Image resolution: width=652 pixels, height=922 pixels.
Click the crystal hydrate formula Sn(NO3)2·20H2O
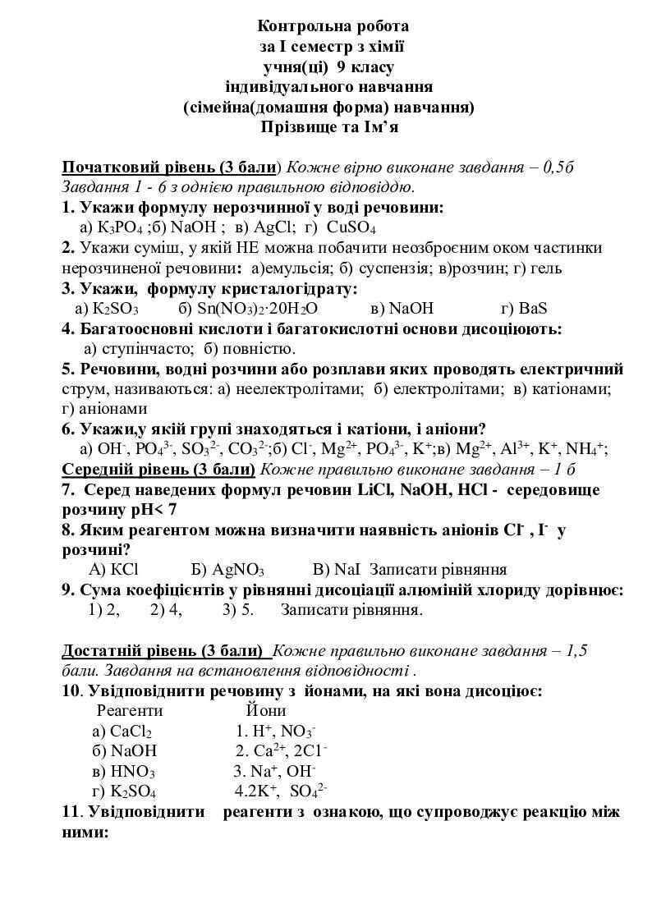256,309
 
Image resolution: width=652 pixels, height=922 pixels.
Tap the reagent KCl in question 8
124,570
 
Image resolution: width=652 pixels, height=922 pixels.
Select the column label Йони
265,711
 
